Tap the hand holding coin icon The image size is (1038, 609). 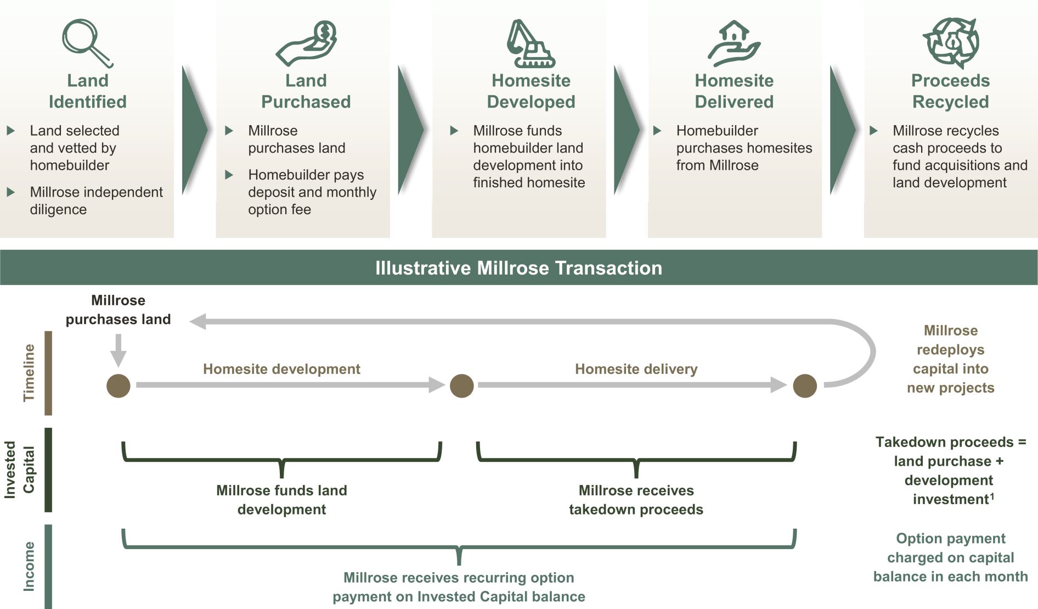tap(306, 43)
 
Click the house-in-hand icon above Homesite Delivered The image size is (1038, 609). tap(734, 43)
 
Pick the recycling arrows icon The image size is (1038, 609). tap(951, 42)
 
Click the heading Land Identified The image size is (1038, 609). tap(88, 91)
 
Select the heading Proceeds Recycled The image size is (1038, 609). tap(951, 91)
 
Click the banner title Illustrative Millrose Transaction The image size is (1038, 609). tap(519, 268)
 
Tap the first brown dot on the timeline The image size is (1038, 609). tap(119, 385)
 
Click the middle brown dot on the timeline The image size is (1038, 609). tap(462, 385)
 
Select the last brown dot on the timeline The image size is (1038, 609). tap(805, 385)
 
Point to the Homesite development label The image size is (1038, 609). tap(281, 369)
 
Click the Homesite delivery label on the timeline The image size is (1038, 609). tap(636, 369)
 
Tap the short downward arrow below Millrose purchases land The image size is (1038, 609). tap(119, 350)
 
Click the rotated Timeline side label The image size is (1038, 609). tap(29, 373)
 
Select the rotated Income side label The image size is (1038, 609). tap(29, 566)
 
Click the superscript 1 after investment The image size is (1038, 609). tap(992, 496)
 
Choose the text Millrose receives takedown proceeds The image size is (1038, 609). tap(636, 500)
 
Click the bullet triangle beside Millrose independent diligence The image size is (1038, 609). tap(10, 192)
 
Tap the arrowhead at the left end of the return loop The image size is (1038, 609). tap(198, 321)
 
